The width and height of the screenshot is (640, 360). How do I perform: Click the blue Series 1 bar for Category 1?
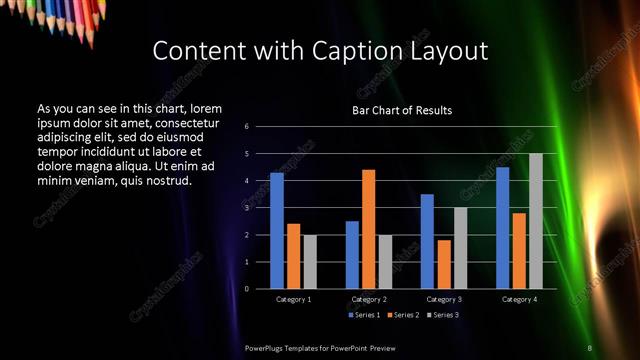coord(277,231)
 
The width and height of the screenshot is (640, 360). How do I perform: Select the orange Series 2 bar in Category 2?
coord(368,229)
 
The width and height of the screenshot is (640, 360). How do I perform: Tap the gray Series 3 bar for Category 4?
coord(535,221)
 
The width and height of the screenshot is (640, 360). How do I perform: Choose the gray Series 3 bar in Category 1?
coord(309,262)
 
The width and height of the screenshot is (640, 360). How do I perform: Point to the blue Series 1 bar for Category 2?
coord(352,255)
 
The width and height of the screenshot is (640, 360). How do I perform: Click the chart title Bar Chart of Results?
coord(402,110)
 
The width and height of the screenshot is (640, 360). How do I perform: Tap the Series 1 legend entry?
coord(364,315)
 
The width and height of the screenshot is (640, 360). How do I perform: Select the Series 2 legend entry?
coord(402,315)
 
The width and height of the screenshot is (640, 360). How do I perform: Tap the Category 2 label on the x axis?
coord(369,299)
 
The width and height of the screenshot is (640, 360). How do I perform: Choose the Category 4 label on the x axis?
coord(518,299)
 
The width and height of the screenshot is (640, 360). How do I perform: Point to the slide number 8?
coord(590,347)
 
